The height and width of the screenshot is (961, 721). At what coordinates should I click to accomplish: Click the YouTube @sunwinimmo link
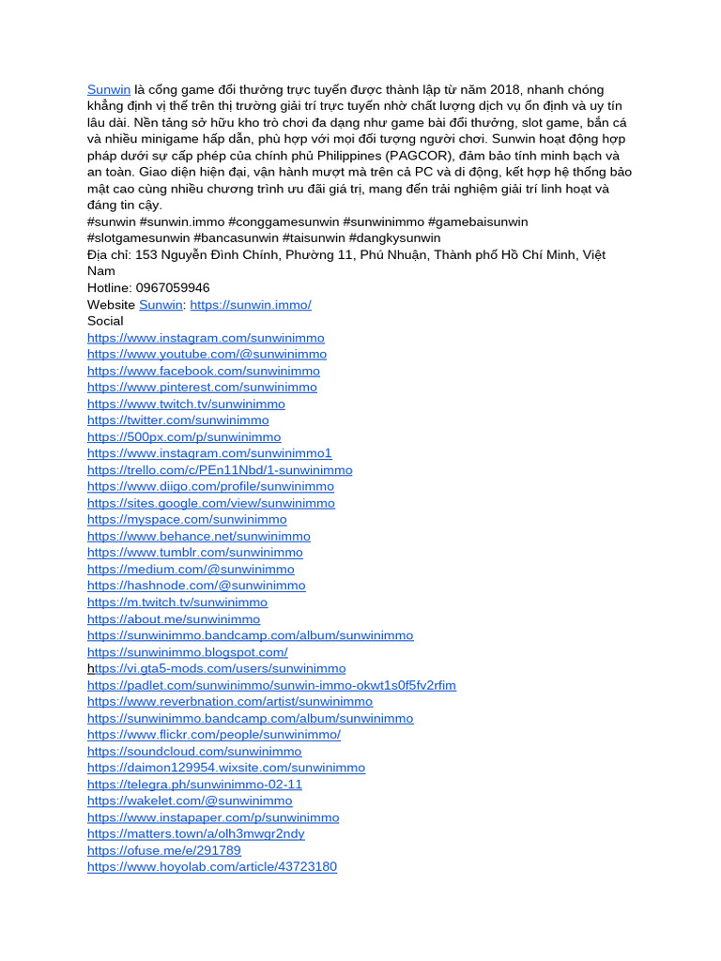tap(207, 354)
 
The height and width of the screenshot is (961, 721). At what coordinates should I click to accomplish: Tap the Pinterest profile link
tap(202, 387)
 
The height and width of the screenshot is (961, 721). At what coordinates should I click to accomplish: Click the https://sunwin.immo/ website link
tap(250, 305)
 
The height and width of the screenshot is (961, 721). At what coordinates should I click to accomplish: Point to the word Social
tap(105, 321)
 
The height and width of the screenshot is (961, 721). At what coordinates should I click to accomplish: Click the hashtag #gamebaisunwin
tap(478, 221)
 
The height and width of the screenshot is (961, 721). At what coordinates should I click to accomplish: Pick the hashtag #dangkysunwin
tap(394, 238)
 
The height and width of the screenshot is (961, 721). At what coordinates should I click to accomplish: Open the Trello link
tap(220, 469)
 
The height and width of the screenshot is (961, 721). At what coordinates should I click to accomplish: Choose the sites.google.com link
tap(210, 503)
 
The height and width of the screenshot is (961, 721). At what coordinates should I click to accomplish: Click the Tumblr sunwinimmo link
tap(194, 553)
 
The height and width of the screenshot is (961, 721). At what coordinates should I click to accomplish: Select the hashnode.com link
tap(196, 586)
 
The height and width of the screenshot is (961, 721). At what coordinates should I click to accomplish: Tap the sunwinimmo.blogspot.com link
tap(187, 651)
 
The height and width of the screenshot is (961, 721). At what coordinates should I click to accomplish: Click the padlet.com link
tap(271, 685)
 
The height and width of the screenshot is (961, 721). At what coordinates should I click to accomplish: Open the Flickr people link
tap(214, 735)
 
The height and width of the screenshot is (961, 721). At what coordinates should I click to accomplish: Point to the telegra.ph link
tap(194, 785)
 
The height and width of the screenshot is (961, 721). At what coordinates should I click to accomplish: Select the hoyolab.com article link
tap(211, 867)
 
